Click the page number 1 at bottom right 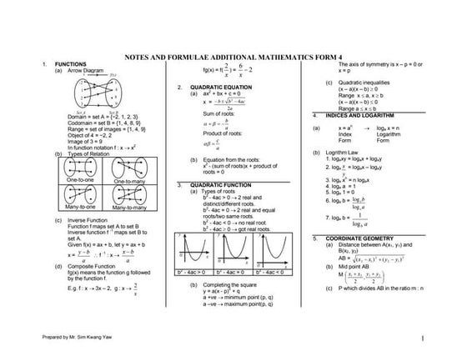424,338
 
